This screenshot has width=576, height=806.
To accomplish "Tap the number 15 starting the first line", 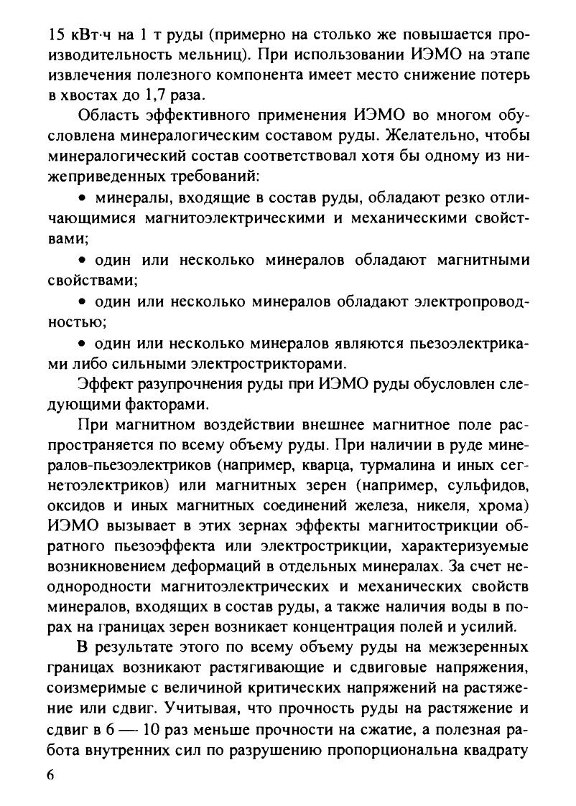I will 55,33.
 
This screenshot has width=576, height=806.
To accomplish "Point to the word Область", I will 111,116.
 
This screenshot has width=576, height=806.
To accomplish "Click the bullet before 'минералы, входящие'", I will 82,197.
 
